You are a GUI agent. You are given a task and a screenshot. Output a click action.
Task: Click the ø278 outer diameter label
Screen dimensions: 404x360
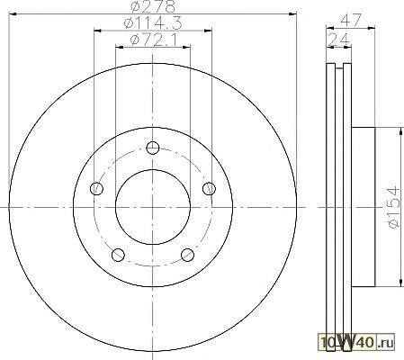pyautogui.click(x=153, y=6)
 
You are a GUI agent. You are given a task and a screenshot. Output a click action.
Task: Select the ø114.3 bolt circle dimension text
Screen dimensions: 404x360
pyautogui.click(x=153, y=22)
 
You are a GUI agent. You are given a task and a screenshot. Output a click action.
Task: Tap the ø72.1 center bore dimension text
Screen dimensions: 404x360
pyautogui.click(x=154, y=40)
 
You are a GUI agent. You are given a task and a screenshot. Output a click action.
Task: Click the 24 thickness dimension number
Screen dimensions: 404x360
pyautogui.click(x=339, y=40)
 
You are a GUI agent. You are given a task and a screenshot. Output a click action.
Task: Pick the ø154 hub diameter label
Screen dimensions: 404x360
pyautogui.click(x=394, y=207)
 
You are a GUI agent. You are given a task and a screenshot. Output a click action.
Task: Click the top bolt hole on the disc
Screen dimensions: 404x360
pyautogui.click(x=153, y=148)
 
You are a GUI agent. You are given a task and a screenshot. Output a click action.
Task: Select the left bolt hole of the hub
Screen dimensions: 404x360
pyautogui.click(x=96, y=188)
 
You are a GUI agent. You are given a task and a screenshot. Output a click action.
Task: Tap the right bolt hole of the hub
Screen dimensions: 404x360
pyautogui.click(x=209, y=188)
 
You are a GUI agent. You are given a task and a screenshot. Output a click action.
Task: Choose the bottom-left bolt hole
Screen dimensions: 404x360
pyautogui.click(x=118, y=255)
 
